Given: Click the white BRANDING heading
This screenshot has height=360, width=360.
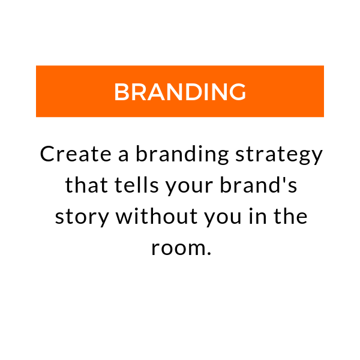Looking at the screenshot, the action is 180,92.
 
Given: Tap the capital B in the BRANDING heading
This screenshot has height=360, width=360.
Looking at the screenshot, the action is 121,92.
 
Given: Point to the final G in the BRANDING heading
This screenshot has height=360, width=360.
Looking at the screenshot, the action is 238,92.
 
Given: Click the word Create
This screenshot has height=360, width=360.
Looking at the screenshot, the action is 76,154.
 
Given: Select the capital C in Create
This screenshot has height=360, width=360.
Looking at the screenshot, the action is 47,154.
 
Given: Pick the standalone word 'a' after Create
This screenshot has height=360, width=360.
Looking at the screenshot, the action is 123,155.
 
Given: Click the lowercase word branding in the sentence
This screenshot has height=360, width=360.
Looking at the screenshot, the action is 182,155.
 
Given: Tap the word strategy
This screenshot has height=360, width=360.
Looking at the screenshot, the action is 279,155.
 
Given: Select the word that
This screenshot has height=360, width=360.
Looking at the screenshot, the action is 86,185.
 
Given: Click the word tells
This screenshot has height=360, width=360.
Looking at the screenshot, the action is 136,185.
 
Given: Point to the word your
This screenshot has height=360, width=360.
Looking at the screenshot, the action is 190,187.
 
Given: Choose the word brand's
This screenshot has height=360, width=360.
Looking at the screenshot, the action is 259,185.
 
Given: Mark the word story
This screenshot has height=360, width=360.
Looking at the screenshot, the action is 82,218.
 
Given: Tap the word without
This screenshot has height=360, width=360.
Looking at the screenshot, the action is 157,216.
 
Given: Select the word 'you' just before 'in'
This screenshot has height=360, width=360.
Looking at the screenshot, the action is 223,218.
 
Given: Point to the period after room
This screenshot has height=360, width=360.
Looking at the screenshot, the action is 208,253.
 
